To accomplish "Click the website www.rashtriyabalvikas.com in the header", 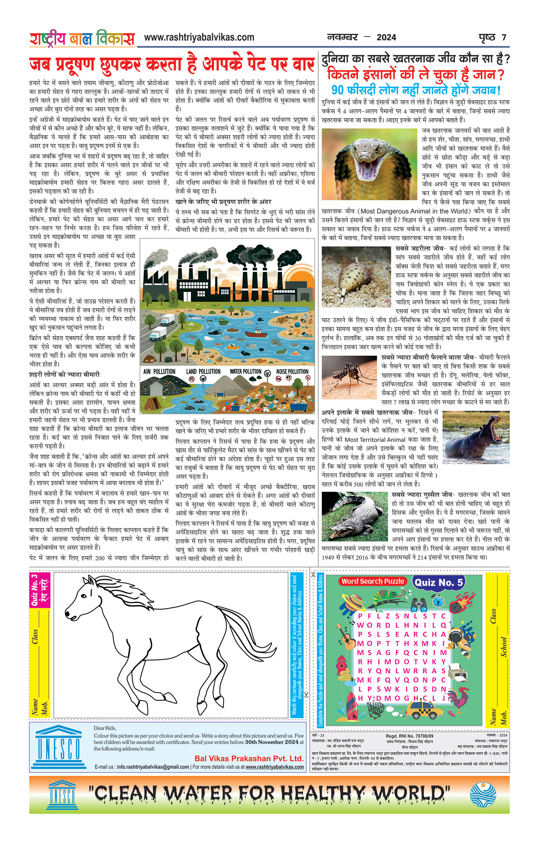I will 199,38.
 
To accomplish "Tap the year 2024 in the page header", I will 386,38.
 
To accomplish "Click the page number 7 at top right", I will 504,38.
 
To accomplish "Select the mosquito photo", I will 349,377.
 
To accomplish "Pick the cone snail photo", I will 356,277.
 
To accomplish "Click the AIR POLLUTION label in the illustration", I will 159,371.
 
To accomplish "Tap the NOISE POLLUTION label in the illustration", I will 292,371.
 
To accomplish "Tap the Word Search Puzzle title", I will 372,582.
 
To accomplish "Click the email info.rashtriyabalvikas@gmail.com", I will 153,767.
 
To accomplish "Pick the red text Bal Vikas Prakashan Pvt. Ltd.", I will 249,759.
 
